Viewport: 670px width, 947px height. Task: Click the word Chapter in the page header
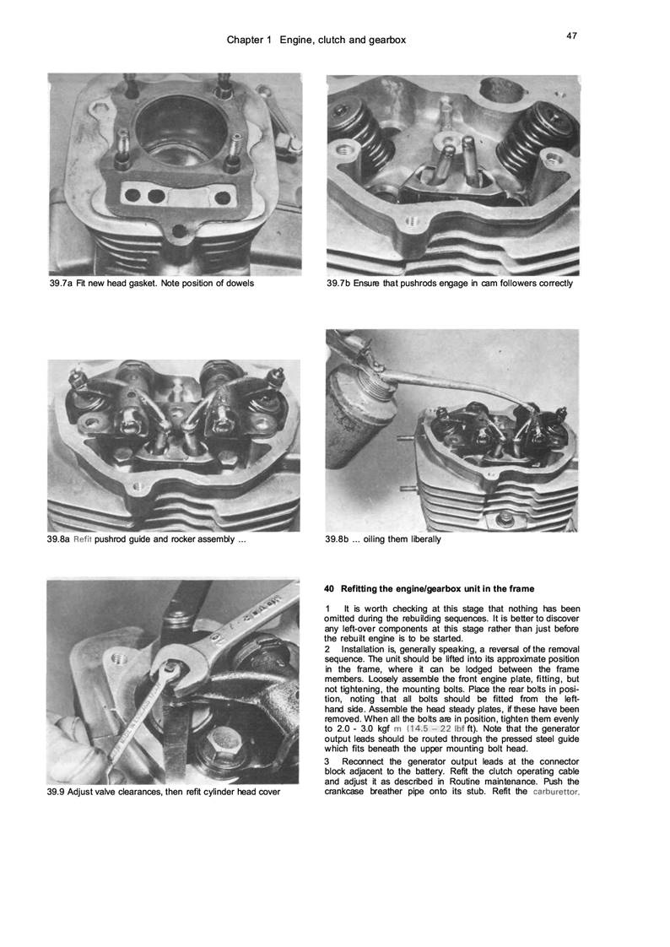tap(246, 41)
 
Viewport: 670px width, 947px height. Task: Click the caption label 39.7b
tap(341, 283)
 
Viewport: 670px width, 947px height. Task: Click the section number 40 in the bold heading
tap(330, 587)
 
